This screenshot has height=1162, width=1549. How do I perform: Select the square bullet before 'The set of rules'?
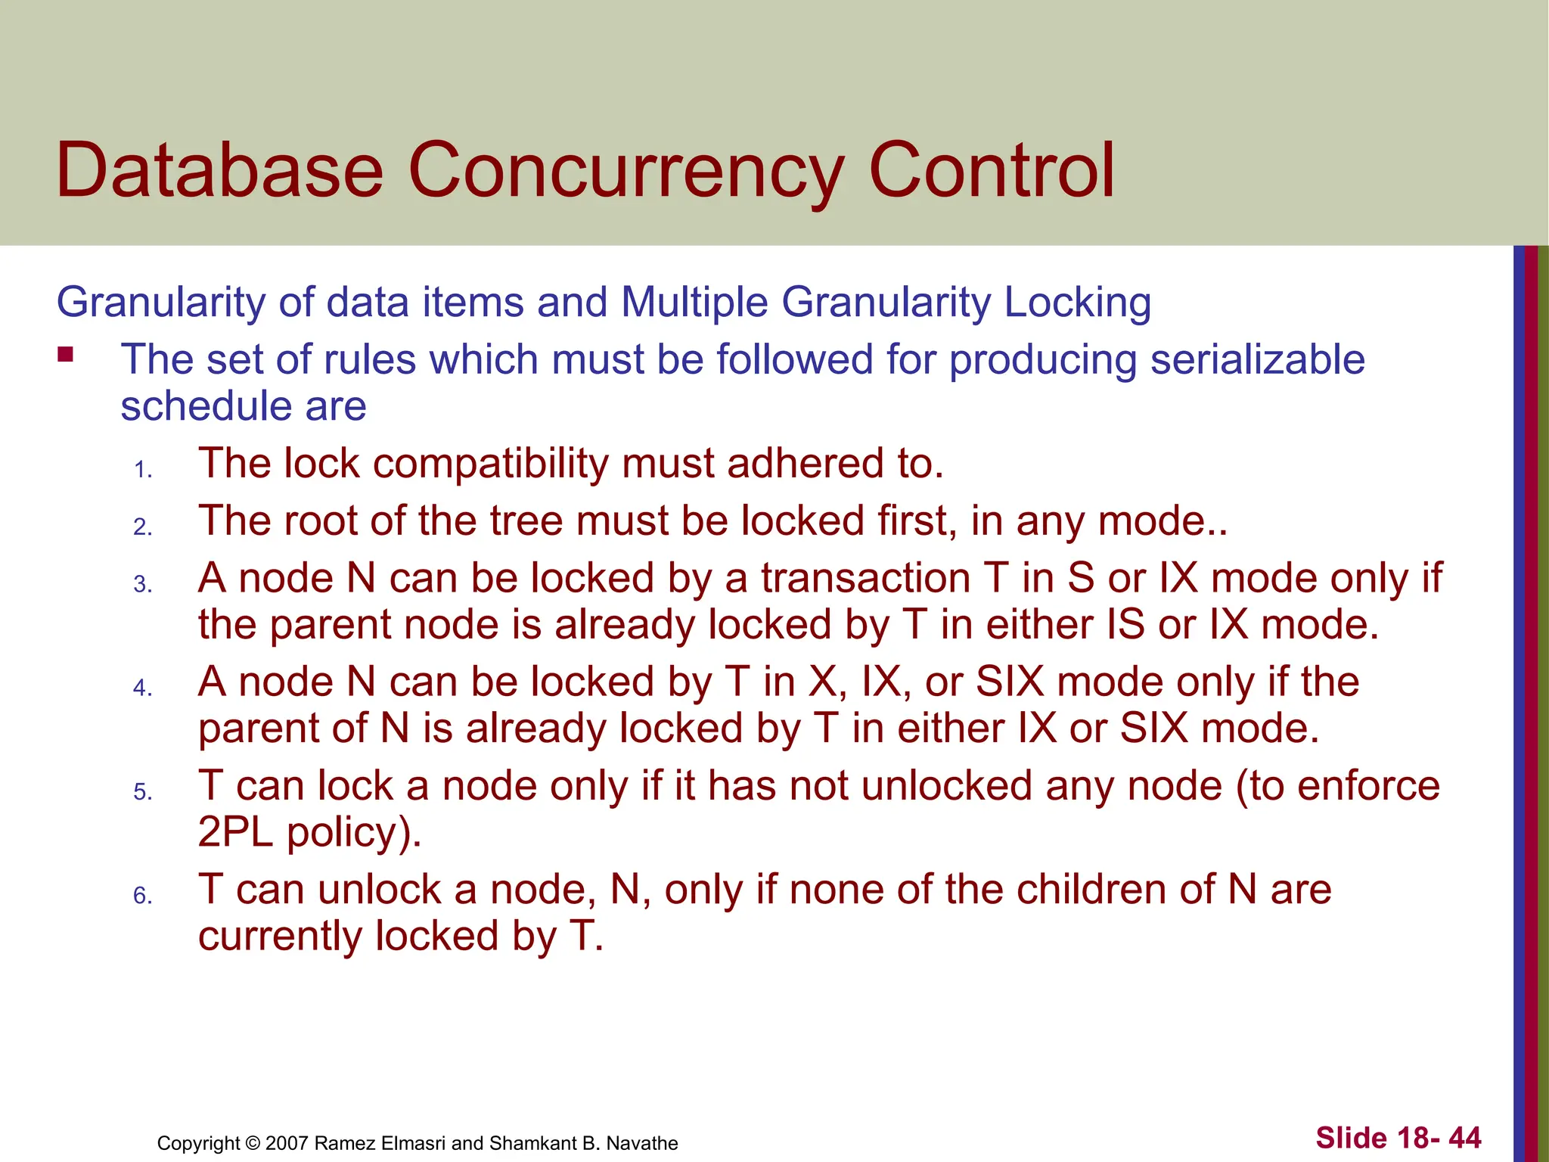(66, 354)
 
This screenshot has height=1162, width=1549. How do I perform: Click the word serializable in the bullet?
(1257, 359)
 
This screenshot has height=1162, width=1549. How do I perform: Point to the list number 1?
(143, 471)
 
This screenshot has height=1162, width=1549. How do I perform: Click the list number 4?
(143, 688)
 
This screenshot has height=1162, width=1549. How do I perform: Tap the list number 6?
(143, 896)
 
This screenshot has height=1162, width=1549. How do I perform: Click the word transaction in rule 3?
(865, 579)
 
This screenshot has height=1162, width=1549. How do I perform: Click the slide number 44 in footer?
(1464, 1138)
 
